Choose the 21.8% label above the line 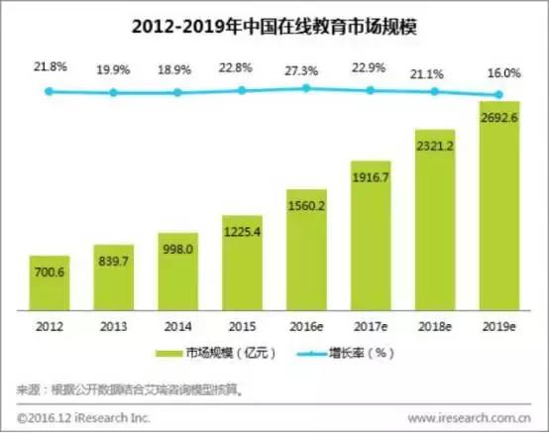[50, 65]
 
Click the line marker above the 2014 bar [177, 92]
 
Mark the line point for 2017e [371, 90]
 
